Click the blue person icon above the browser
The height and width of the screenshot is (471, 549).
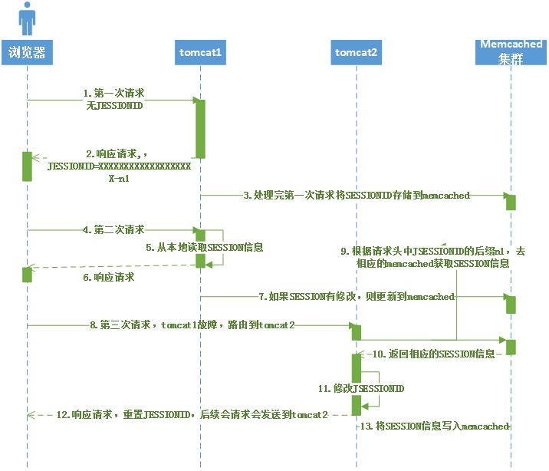click(x=27, y=18)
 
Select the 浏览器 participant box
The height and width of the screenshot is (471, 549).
click(x=28, y=53)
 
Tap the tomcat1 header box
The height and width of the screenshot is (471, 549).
click(x=200, y=53)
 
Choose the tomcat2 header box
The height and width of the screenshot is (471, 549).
click(x=357, y=53)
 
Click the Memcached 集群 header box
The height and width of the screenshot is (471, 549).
click(x=511, y=52)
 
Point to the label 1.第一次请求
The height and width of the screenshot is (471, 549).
click(x=114, y=93)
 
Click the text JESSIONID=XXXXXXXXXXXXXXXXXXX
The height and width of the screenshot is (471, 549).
click(x=119, y=166)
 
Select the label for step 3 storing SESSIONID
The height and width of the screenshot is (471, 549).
click(x=357, y=196)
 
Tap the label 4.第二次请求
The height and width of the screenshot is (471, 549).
click(x=113, y=229)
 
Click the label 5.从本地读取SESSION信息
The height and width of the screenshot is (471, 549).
click(x=205, y=247)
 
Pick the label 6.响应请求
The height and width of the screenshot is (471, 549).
click(x=110, y=277)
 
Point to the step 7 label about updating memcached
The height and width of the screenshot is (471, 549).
click(x=357, y=296)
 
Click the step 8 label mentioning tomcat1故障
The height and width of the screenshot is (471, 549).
click(x=192, y=325)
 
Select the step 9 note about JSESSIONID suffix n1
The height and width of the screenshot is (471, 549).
click(x=433, y=257)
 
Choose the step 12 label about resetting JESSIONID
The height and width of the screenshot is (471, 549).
click(x=192, y=414)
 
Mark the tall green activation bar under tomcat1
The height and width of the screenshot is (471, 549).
click(x=200, y=127)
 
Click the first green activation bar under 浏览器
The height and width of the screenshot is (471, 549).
click(x=27, y=166)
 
